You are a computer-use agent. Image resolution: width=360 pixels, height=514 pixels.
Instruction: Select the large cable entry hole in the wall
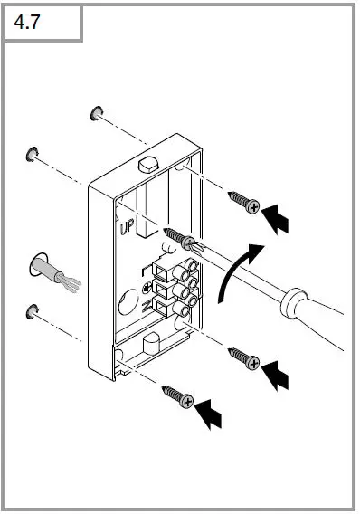39,265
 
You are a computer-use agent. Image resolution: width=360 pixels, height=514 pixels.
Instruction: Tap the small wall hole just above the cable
33,151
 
